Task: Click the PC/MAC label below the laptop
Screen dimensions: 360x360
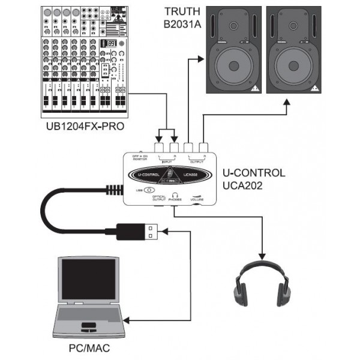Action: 89,347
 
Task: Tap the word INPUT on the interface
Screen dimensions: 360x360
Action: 167,162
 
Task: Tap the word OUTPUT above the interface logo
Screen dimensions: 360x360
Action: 196,162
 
